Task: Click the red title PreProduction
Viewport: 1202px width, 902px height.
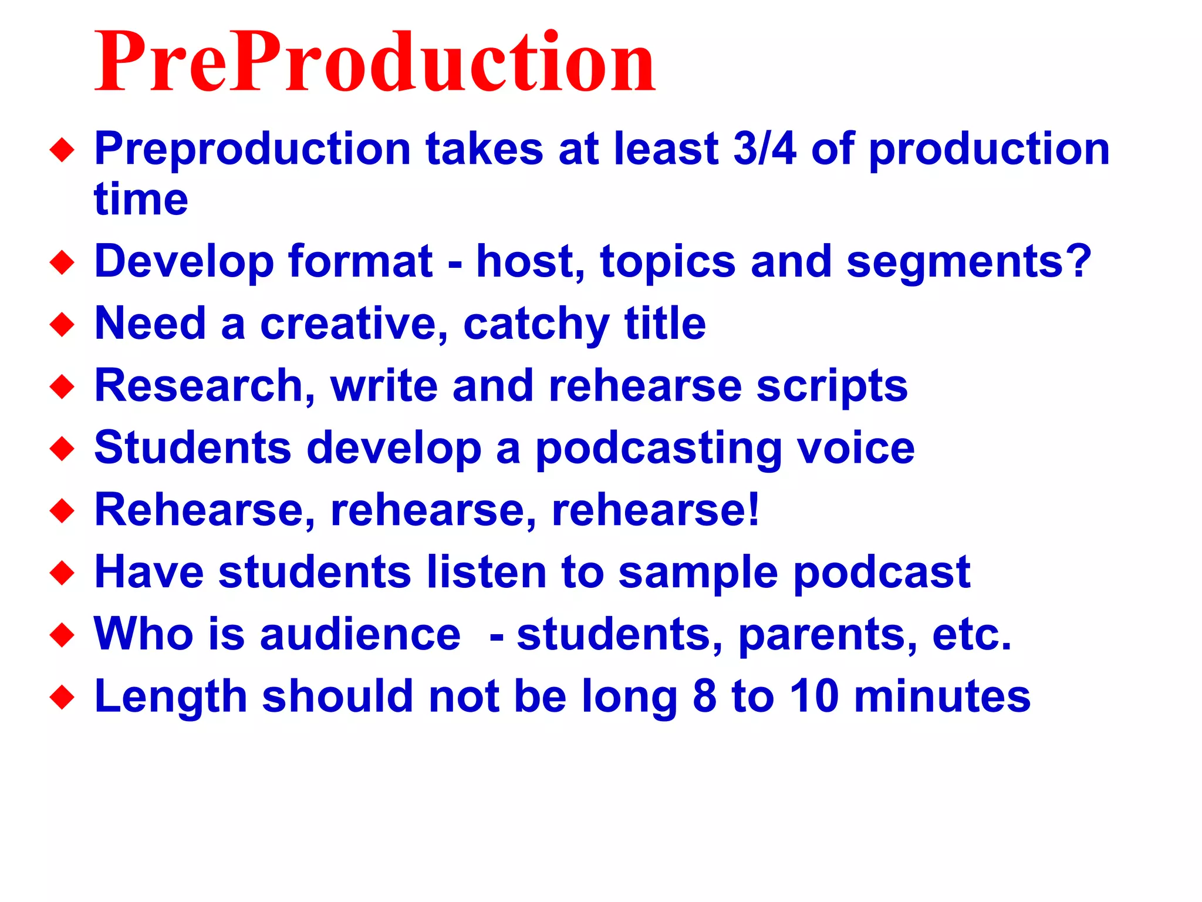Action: (374, 62)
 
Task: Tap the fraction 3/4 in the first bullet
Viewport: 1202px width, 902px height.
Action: (765, 149)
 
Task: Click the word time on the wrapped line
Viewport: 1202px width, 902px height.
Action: (141, 200)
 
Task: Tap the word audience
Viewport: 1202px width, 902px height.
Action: (360, 634)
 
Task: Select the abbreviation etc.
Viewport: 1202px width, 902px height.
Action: (972, 634)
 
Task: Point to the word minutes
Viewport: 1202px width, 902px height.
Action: (942, 696)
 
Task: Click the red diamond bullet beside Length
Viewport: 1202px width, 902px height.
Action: (62, 698)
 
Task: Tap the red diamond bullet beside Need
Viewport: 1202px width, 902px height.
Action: (62, 325)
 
